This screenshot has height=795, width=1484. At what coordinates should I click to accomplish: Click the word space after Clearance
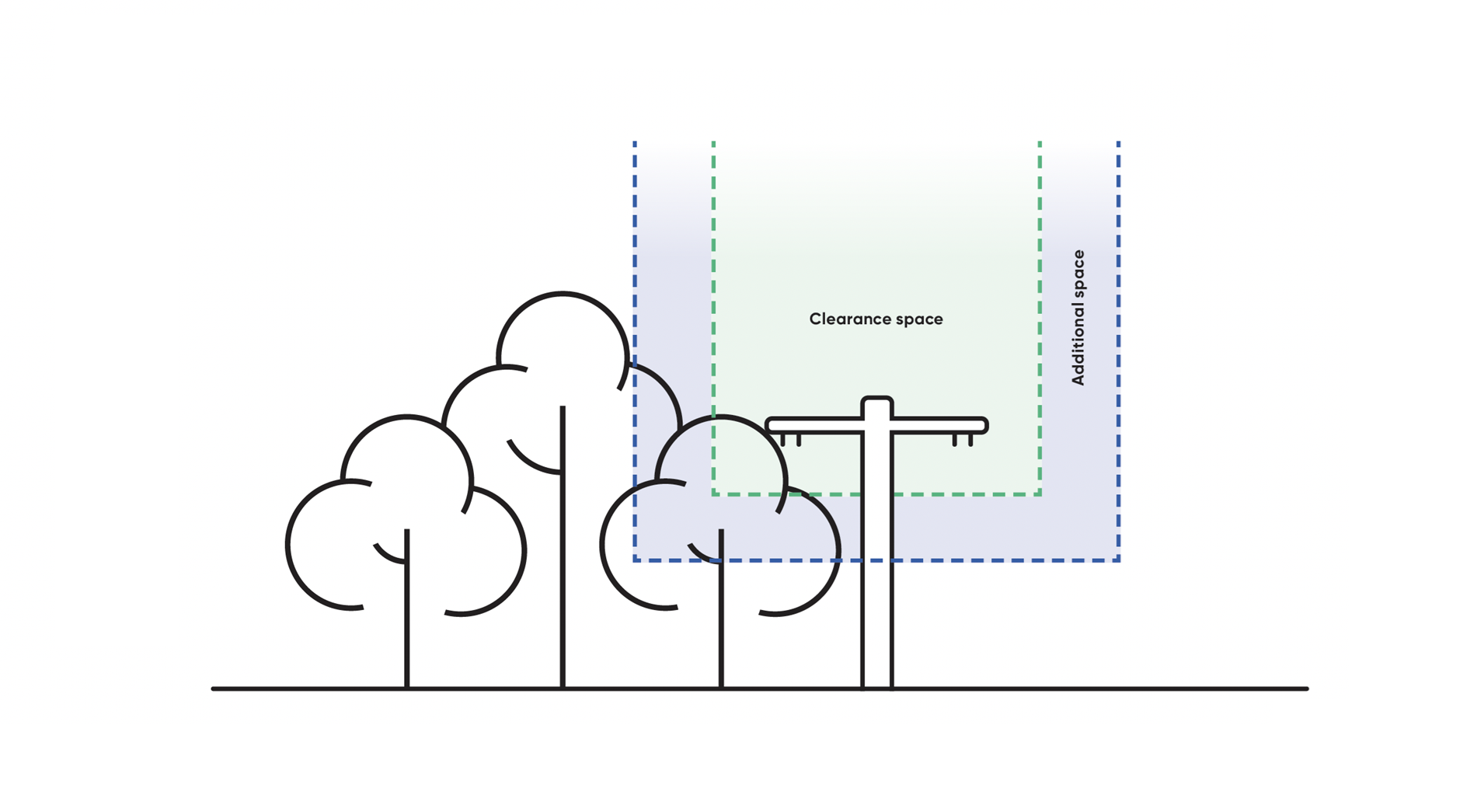coord(919,320)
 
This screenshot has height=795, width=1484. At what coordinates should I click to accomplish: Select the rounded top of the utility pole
coord(876,402)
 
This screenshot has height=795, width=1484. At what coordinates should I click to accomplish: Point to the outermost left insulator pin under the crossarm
coord(782,441)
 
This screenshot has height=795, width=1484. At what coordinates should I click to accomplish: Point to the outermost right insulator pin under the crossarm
coord(971,441)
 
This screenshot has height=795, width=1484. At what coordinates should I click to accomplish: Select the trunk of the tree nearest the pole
coord(721,622)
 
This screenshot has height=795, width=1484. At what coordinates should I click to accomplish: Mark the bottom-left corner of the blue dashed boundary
coord(636,560)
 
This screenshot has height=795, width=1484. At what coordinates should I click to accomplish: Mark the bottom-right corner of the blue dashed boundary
coord(1118,560)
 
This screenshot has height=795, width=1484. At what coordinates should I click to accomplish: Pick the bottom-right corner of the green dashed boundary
coord(1040,493)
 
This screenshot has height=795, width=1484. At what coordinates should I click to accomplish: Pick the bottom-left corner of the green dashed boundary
coord(714,493)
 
